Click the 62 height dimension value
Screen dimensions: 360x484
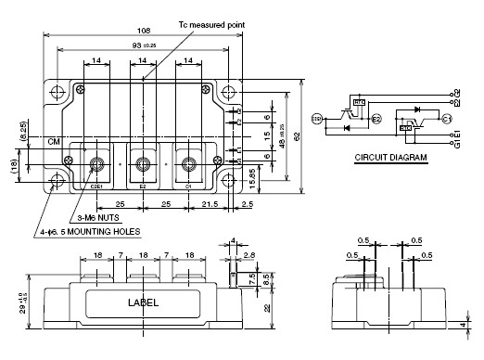tap(297, 135)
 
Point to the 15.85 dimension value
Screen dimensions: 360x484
tap(266, 173)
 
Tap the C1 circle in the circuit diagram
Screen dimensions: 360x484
tap(446, 119)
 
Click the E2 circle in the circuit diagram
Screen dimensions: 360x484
tap(376, 119)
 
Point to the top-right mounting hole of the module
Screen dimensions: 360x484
tap(227, 92)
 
